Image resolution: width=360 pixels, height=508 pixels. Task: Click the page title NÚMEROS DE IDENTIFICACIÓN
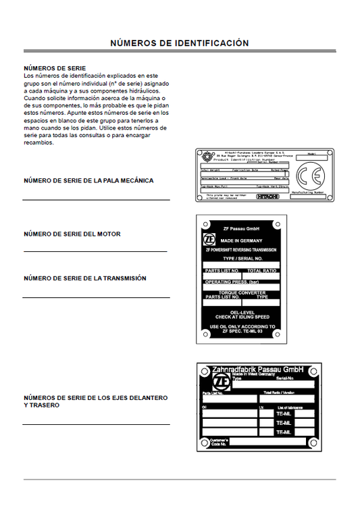[x=180, y=43]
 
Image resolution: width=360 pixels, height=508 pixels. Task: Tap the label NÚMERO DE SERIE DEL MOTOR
[x=72, y=234]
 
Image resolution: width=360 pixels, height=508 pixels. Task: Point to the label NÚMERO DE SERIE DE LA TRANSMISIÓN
[x=85, y=278]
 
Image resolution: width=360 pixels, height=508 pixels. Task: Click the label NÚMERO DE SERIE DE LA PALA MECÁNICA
[x=88, y=181]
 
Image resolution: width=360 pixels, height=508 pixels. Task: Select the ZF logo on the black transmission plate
[x=210, y=240]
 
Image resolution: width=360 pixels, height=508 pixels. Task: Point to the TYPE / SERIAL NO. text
[x=241, y=259]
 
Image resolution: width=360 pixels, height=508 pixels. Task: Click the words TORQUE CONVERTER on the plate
[x=242, y=292]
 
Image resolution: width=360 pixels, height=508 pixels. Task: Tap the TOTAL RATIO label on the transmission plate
[x=262, y=270]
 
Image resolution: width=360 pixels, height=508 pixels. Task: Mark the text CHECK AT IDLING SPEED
[x=242, y=316]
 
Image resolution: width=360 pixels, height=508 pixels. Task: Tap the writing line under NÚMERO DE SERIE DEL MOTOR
[x=95, y=251]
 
